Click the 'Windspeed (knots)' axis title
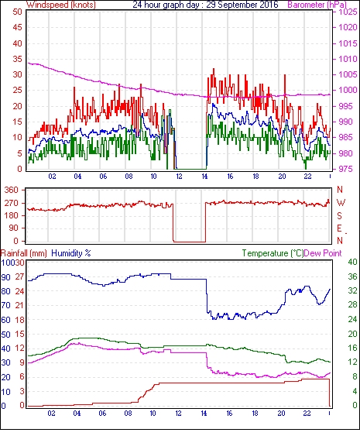click(x=61, y=5)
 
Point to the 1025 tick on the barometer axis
click(x=348, y=12)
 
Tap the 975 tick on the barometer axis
click(x=346, y=169)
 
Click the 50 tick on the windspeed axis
click(x=17, y=12)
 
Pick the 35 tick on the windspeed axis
click(x=17, y=59)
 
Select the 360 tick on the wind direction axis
click(x=12, y=191)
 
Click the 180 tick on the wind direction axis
click(x=12, y=215)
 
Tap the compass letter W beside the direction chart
click(x=341, y=203)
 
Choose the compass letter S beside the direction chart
click(x=339, y=215)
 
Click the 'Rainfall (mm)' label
click(x=24, y=253)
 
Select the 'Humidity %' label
click(x=71, y=253)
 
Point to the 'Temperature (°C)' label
click(x=273, y=253)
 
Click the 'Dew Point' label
click(x=323, y=253)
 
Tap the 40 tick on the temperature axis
click(x=352, y=263)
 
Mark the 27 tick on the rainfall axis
click(x=19, y=277)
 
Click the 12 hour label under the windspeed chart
click(x=179, y=177)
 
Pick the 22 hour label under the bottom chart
click(x=307, y=414)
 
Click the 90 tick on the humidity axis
click(x=6, y=277)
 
